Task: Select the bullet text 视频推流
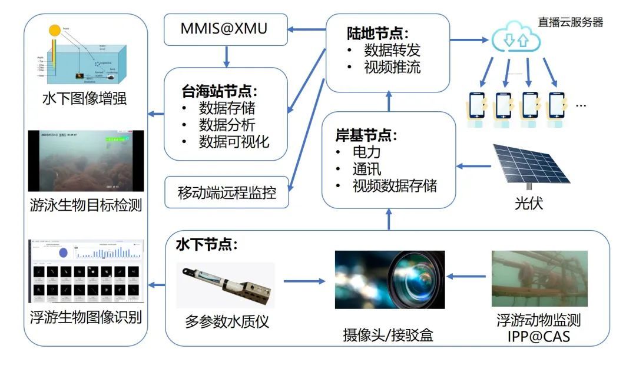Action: [x=392, y=67]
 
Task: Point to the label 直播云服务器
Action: [x=570, y=22]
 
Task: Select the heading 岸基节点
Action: [x=366, y=135]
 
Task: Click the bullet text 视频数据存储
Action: [x=395, y=186]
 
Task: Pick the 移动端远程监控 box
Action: [x=227, y=192]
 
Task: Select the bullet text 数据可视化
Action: [x=234, y=142]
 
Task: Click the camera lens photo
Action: [x=389, y=280]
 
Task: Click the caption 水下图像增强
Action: [x=85, y=98]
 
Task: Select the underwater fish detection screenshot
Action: [x=86, y=160]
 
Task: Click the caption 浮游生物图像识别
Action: [x=85, y=318]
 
